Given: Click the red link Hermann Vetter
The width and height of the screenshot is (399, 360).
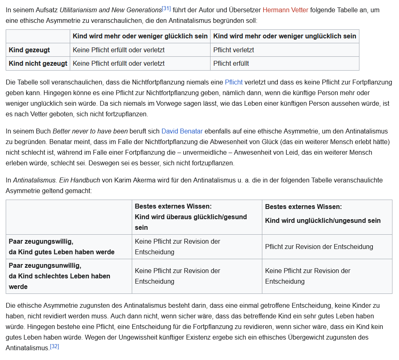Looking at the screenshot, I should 285,10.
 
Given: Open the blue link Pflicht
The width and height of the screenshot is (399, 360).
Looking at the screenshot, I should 233,82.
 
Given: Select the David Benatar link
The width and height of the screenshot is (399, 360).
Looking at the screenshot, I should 182,131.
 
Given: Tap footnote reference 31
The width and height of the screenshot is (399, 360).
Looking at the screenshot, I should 166,8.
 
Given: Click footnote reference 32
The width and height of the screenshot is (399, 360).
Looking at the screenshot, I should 54,347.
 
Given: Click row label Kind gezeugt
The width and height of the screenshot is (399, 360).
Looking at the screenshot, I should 29,50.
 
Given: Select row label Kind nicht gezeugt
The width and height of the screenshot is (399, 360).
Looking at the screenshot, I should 38,63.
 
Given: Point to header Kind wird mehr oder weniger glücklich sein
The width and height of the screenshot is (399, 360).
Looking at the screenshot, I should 140,36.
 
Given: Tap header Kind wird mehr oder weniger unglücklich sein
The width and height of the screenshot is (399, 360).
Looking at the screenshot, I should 284,36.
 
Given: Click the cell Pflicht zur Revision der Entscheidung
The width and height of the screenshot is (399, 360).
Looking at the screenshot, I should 319,247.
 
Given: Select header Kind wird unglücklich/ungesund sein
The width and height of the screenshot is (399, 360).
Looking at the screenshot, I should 323,220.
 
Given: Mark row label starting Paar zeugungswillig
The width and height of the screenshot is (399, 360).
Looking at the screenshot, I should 62,247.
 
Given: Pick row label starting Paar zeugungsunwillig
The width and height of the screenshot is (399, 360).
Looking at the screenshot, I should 59,276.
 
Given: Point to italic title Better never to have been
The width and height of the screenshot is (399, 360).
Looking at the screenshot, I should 90,131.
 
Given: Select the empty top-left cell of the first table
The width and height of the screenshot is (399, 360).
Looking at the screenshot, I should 38,36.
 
